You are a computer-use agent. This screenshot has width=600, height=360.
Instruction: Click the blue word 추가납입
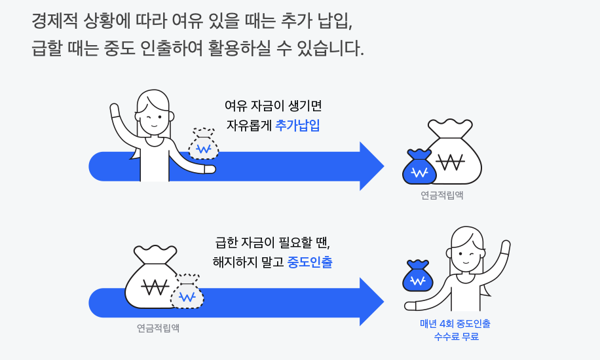point(297,126)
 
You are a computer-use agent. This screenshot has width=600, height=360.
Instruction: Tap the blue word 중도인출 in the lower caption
point(310,262)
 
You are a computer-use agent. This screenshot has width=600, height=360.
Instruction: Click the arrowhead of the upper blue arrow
point(370,166)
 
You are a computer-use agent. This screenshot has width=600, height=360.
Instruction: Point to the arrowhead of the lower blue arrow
point(370,302)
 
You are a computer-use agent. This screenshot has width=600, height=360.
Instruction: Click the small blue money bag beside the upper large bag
point(419,169)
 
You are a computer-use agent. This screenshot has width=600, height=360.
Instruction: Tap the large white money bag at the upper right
point(452,154)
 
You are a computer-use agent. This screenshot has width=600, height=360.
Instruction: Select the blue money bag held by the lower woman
point(417,278)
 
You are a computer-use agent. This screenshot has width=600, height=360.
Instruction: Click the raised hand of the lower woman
point(504,247)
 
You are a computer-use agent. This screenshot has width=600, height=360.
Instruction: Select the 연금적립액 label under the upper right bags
point(442,195)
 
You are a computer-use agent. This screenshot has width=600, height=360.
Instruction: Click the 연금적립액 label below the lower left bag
point(158,328)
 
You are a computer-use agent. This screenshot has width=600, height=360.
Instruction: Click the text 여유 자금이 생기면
point(273,105)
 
